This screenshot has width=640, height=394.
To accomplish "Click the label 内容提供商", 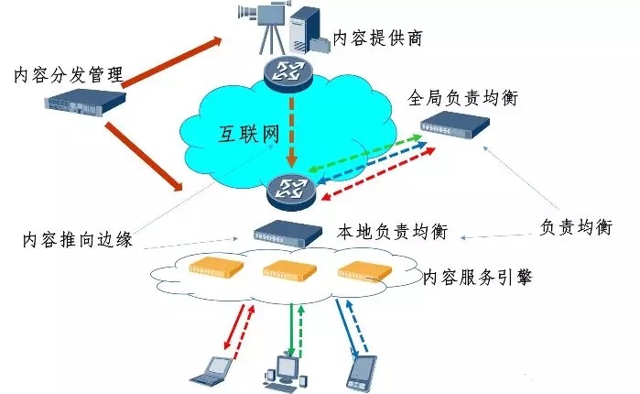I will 378,38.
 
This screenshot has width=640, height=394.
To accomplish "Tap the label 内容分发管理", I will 69,73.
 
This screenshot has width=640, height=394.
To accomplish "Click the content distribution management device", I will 81,101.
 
